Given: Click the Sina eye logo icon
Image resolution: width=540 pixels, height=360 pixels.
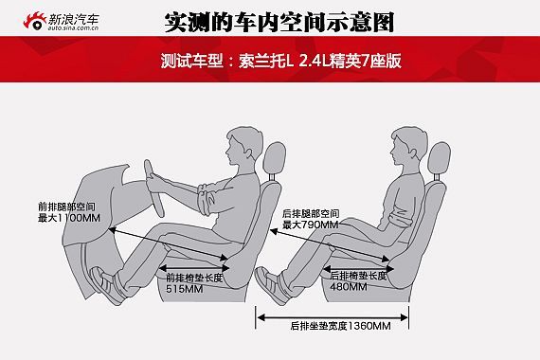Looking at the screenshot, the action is (x=34, y=22).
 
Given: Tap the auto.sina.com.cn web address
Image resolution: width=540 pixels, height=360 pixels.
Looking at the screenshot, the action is (x=73, y=27).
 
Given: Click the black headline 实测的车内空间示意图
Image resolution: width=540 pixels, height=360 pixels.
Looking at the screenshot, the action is (x=279, y=23).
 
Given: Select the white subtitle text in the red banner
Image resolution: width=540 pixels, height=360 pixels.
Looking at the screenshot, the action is (x=281, y=61).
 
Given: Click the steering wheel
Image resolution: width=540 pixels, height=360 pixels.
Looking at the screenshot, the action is (x=153, y=189).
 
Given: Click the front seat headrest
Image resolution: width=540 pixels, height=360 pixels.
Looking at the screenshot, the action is (x=275, y=158).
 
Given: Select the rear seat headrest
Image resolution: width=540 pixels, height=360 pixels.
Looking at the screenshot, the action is (x=439, y=158).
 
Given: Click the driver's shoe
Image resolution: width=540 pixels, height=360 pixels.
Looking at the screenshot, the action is (x=107, y=285).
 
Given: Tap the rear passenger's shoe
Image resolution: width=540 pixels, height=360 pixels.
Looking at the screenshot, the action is (x=272, y=285).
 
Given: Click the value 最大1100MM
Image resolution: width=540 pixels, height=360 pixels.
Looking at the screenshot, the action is (x=69, y=218).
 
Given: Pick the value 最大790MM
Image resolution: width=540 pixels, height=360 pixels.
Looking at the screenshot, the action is (x=311, y=225).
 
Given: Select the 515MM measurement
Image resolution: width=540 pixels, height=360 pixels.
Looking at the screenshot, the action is (x=185, y=289).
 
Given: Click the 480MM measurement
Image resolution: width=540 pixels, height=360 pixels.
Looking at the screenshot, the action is (x=349, y=287).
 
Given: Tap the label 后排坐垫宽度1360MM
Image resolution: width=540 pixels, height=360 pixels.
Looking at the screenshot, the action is (x=341, y=326).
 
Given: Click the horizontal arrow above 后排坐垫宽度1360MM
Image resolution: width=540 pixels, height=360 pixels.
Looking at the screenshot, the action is (x=333, y=317).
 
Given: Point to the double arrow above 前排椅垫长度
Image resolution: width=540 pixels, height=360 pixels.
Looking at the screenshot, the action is (x=194, y=268).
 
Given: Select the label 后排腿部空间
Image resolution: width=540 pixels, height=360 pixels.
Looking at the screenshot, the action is (x=311, y=213).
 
